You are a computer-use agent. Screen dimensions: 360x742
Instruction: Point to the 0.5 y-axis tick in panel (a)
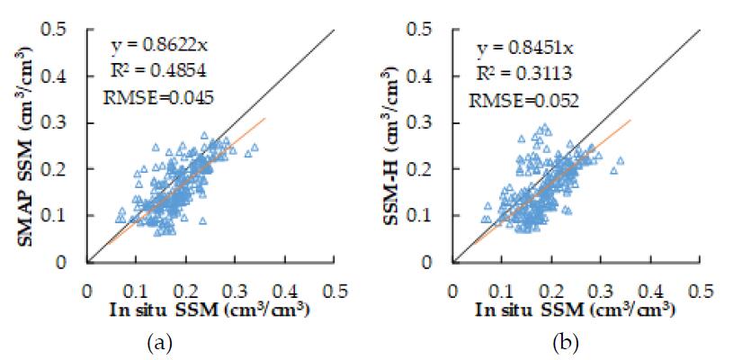coord(64,30)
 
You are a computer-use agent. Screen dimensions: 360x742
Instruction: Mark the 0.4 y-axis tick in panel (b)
coord(429,76)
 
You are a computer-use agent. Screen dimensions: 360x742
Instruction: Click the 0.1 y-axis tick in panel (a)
coord(64,216)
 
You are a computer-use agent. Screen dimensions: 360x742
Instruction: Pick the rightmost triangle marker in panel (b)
coord(621,161)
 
